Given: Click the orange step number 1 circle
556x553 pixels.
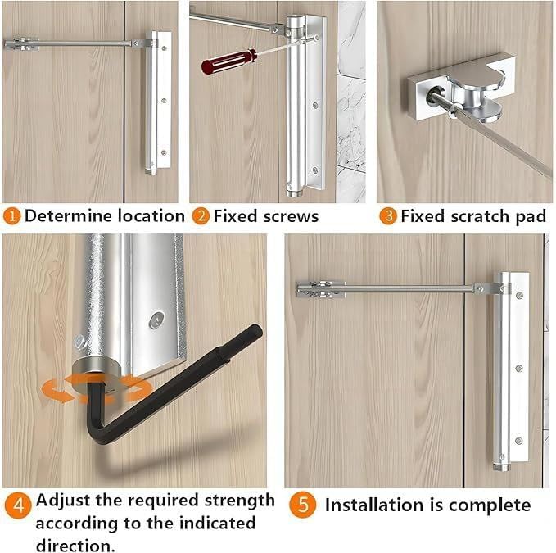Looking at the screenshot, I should click(x=12, y=216).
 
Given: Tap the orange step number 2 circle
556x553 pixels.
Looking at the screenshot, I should click(x=201, y=216).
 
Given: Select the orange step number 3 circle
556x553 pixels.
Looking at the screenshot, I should click(x=387, y=216).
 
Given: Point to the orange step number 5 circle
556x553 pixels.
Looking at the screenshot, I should click(x=303, y=505).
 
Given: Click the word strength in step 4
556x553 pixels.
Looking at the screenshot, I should click(x=237, y=500).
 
